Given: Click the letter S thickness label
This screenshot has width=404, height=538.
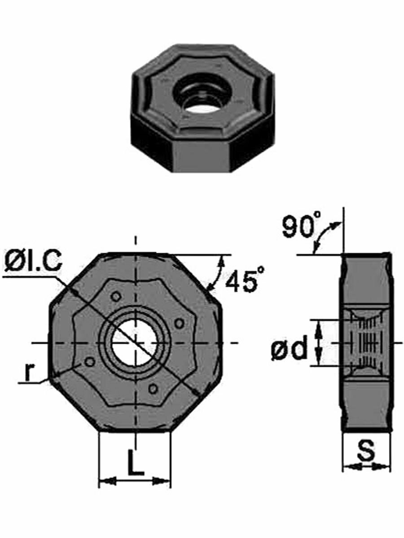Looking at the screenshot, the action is tap(366, 450).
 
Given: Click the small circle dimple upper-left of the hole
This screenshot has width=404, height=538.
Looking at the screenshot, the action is tap(116, 297).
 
